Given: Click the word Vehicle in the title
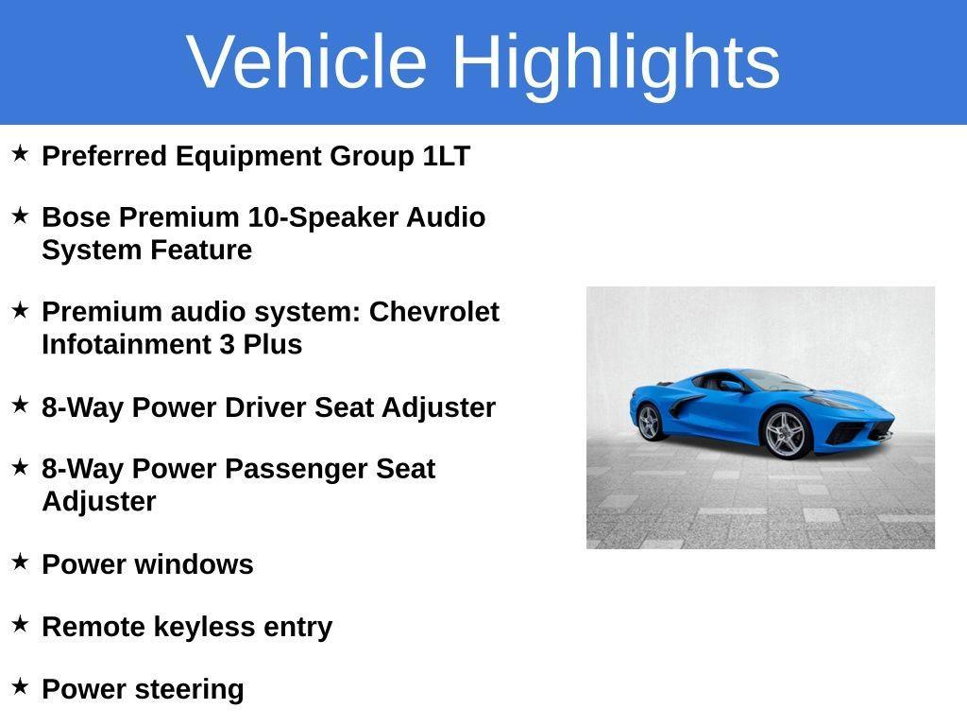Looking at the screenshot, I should [307, 61].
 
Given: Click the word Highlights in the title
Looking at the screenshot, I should [616, 61].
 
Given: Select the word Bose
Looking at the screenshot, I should [76, 217].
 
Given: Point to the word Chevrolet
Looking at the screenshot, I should [433, 312].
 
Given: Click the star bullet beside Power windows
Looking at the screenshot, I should [20, 562].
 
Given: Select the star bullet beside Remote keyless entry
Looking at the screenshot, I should [20, 624].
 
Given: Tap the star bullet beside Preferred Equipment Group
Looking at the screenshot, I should [20, 153].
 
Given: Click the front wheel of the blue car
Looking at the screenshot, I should [785, 433].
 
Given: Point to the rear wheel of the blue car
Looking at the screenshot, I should [649, 422].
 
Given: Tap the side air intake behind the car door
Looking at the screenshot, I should [688, 405].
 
